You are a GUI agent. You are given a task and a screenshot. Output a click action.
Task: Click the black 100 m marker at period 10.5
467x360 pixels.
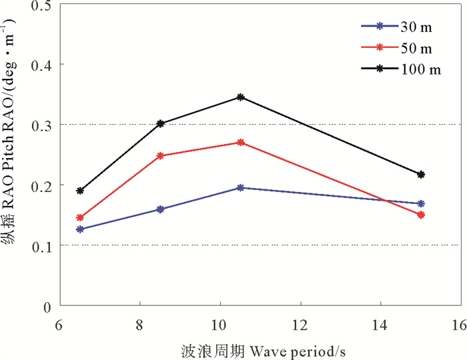pos(241,97)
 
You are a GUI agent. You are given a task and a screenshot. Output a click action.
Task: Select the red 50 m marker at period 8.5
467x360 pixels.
pos(160,156)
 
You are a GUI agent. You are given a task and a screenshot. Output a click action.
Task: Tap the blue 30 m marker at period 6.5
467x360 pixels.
pos(80,229)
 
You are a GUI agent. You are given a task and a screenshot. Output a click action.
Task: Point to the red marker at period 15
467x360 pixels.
pos(421,215)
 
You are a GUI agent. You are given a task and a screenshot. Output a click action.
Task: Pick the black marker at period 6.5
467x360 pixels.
pos(80,191)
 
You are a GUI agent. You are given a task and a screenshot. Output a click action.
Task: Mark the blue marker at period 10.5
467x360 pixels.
pos(241,188)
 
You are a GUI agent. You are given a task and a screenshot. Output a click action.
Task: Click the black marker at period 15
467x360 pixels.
pos(421,175)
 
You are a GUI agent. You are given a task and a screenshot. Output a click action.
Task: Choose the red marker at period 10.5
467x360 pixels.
pos(241,143)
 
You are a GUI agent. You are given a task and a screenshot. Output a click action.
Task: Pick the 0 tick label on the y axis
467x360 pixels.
pos(47,306)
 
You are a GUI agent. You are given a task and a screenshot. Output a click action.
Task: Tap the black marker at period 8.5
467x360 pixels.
pos(160,123)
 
